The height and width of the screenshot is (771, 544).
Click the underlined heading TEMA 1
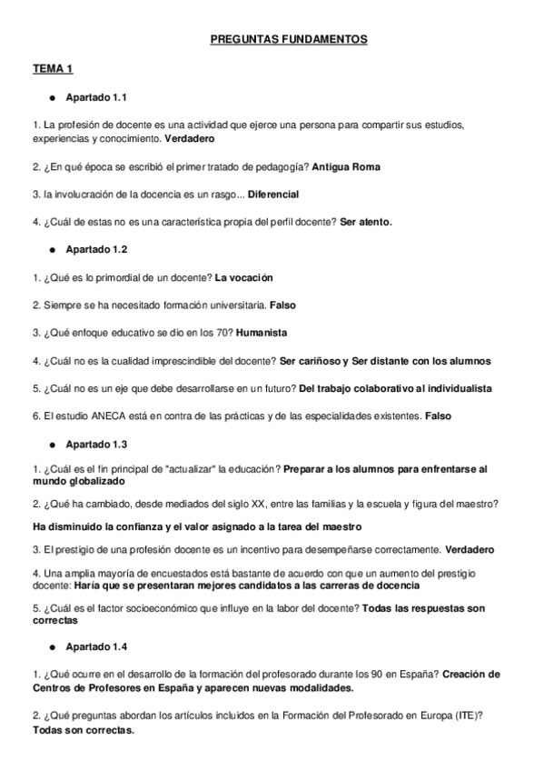click(x=52, y=69)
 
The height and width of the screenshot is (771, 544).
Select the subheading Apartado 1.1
click(x=102, y=96)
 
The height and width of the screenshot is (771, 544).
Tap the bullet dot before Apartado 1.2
click(x=54, y=248)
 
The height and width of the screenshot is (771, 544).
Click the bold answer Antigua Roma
click(x=346, y=166)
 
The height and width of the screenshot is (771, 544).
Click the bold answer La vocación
click(x=244, y=276)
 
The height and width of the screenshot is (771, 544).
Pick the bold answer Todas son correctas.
click(x=83, y=730)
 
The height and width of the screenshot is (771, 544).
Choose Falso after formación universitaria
click(x=282, y=305)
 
